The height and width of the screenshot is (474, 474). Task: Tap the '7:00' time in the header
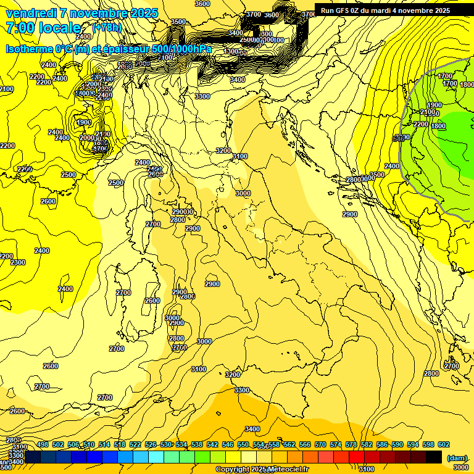point(19,28)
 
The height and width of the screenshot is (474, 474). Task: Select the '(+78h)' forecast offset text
point(107,28)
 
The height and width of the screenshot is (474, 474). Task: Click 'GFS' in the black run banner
point(349,10)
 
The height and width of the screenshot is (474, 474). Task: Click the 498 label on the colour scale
point(43,444)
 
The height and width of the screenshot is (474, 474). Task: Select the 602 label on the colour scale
point(443,444)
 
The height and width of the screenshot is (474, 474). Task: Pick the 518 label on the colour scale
point(120,444)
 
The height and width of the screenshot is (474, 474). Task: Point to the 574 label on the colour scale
point(335,444)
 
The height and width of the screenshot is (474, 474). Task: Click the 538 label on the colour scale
point(196,444)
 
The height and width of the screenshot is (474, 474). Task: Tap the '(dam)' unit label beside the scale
point(457,458)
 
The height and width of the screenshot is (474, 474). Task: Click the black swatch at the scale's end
point(434,457)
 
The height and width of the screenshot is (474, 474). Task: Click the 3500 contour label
point(178,22)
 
